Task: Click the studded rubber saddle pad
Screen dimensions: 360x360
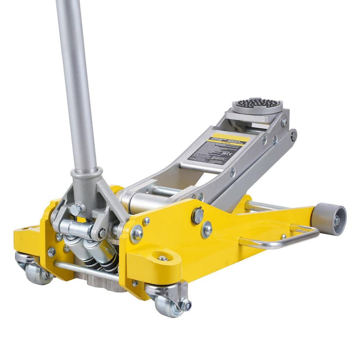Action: [256, 105]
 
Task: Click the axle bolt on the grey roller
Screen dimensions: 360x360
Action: [337, 221]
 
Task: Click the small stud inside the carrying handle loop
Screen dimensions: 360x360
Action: [284, 237]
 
